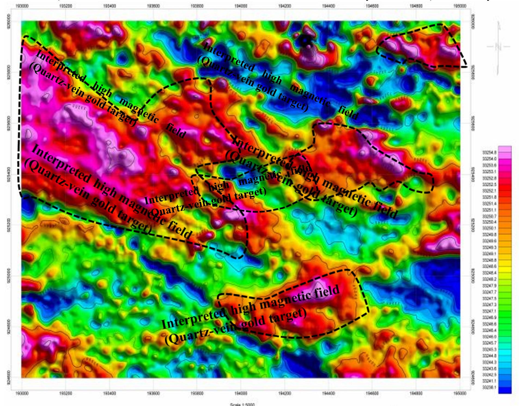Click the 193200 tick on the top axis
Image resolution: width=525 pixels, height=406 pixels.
coord(65,6)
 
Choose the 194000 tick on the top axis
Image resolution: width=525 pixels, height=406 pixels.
coord(241,6)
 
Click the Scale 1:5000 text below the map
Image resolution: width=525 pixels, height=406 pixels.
coord(242,404)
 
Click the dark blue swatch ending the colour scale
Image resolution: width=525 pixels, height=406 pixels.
coord(505,390)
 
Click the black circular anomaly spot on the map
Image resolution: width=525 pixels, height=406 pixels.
coord(305,41)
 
